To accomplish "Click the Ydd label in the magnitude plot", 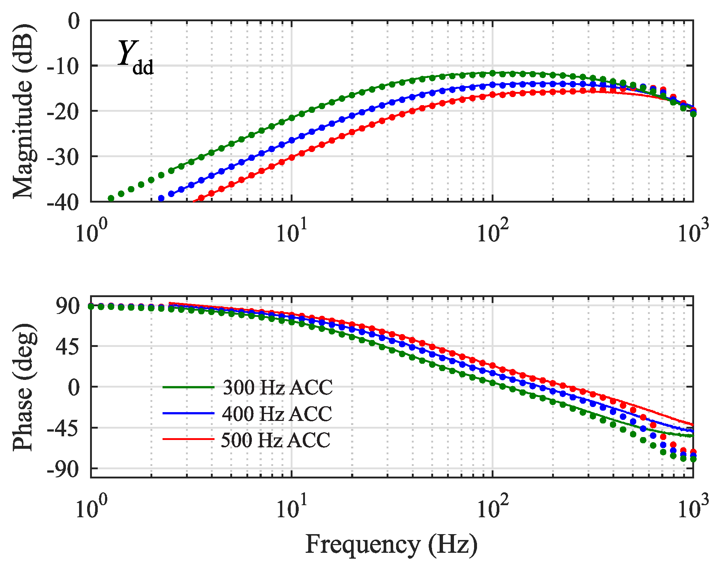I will click(x=135, y=57).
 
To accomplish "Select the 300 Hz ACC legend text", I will click(x=277, y=387).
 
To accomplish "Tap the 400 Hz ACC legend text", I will click(x=277, y=414).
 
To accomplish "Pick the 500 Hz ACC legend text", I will click(x=276, y=440).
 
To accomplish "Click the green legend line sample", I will click(x=188, y=387).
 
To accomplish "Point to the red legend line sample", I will click(x=188, y=439).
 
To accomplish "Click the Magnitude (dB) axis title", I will click(x=23, y=111).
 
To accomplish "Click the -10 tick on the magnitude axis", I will click(x=63, y=66).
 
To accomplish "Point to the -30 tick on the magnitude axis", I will click(x=63, y=156).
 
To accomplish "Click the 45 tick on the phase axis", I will click(x=68, y=346).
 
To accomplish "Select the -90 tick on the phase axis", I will click(x=63, y=469).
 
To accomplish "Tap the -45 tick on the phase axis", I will click(x=63, y=428).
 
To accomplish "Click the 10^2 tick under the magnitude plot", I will click(x=493, y=232).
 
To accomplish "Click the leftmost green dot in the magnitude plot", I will click(x=111, y=198).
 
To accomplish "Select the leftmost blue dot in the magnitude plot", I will click(x=161, y=198).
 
